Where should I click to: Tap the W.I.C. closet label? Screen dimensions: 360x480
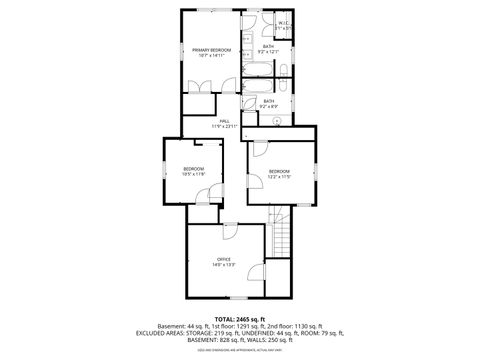coord(284,26)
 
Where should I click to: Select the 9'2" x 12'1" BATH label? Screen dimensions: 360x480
coord(268,50)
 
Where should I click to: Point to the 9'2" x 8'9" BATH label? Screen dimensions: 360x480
coord(268,103)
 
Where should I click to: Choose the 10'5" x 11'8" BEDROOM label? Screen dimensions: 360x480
coord(193,171)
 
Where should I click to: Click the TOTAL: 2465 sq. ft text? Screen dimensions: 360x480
coord(240,318)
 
